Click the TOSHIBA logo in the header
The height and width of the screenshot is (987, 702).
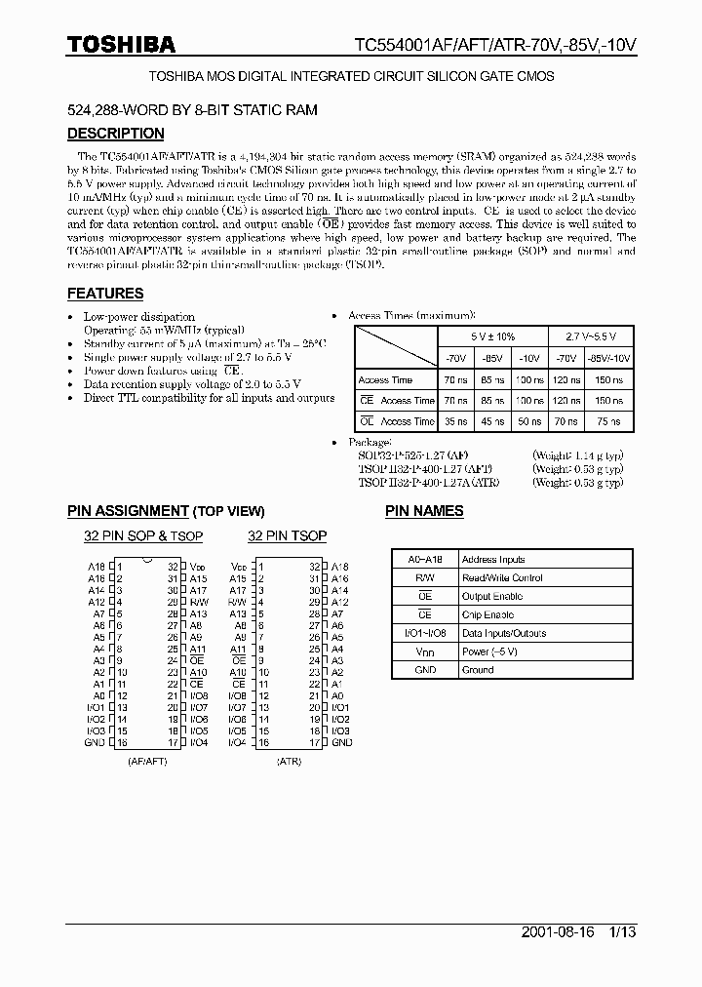click(x=121, y=44)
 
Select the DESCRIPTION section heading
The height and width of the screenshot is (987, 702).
click(x=115, y=134)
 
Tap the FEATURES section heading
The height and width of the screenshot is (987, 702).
click(x=104, y=293)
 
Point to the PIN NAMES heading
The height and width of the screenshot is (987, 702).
click(x=424, y=510)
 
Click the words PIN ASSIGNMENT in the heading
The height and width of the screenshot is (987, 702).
click(x=127, y=511)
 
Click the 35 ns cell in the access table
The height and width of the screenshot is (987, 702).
click(x=454, y=421)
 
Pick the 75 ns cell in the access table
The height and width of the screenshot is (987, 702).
click(x=609, y=421)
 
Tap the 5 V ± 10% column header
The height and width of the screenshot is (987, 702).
click(x=492, y=337)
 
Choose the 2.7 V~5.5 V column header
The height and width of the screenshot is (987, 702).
click(x=591, y=337)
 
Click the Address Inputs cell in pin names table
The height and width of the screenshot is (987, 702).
click(x=492, y=560)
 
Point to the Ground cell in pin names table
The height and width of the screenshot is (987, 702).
click(x=478, y=670)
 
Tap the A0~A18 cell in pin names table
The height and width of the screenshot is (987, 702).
click(x=425, y=560)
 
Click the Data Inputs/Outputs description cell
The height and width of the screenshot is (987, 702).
click(x=503, y=633)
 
